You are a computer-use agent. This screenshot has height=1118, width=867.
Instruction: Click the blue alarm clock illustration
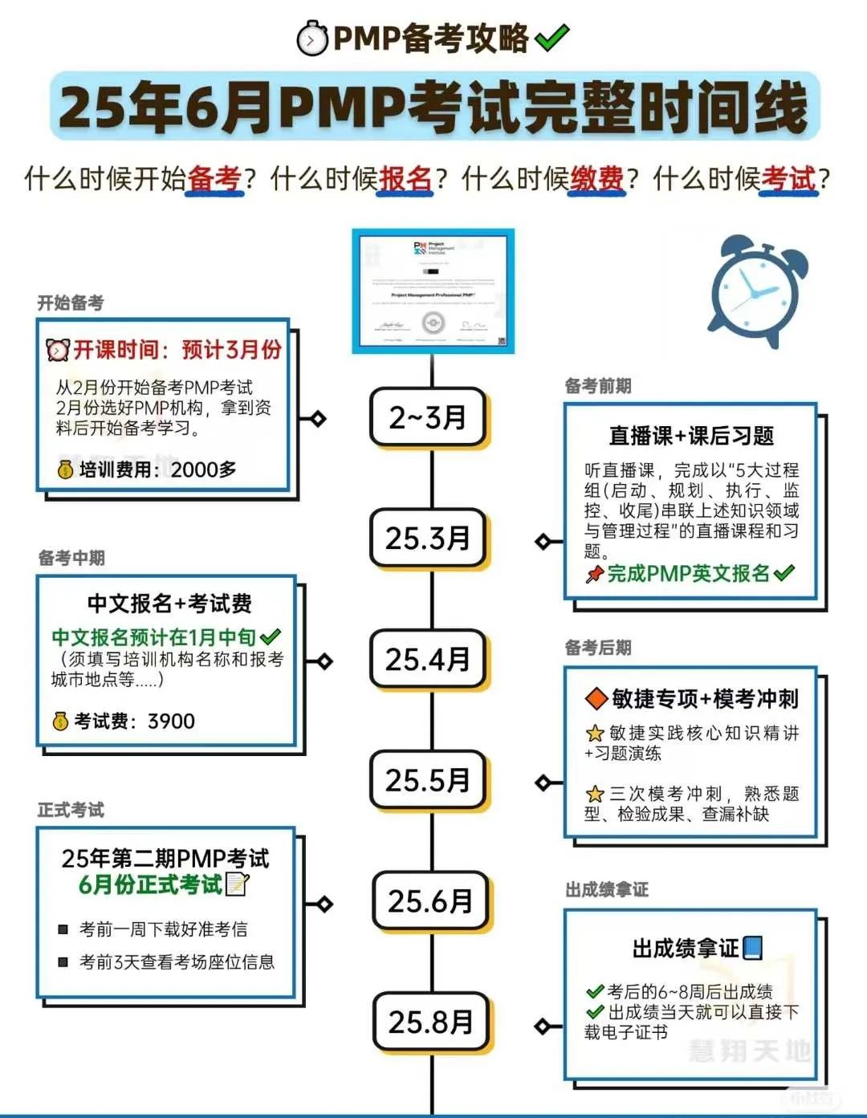(x=757, y=291)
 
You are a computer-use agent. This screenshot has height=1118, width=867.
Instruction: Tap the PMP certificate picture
(x=433, y=291)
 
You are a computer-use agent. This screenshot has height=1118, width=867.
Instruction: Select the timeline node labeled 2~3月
(x=428, y=417)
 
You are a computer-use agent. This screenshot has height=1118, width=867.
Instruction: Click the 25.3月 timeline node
(x=428, y=538)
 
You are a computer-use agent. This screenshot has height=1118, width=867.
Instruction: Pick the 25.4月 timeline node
(x=428, y=660)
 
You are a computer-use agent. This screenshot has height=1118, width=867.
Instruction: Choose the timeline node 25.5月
(x=428, y=780)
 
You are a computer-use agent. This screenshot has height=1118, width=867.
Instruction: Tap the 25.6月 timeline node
(x=431, y=901)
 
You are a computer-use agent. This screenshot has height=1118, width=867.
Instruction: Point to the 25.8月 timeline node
(x=431, y=1022)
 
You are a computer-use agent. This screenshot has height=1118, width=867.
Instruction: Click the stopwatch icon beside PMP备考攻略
(x=312, y=39)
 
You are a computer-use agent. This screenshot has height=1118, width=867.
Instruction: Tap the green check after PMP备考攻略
(x=552, y=38)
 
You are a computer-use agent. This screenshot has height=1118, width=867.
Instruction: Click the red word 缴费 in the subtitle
(x=596, y=178)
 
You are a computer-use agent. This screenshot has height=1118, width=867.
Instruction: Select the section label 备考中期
(x=71, y=558)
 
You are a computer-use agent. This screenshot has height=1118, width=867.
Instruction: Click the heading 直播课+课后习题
(x=691, y=436)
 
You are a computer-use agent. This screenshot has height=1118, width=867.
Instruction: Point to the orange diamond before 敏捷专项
(x=596, y=698)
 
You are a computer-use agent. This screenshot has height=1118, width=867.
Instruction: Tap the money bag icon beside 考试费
(x=60, y=722)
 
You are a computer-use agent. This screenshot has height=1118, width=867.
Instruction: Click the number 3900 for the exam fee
(x=171, y=722)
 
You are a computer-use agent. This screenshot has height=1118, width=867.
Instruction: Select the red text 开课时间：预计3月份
(x=177, y=350)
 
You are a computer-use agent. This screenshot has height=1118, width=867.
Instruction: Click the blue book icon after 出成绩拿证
(x=752, y=948)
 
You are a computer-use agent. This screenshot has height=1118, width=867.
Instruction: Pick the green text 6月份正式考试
(x=150, y=884)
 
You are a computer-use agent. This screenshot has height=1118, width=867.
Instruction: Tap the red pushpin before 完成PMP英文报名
(x=594, y=574)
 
